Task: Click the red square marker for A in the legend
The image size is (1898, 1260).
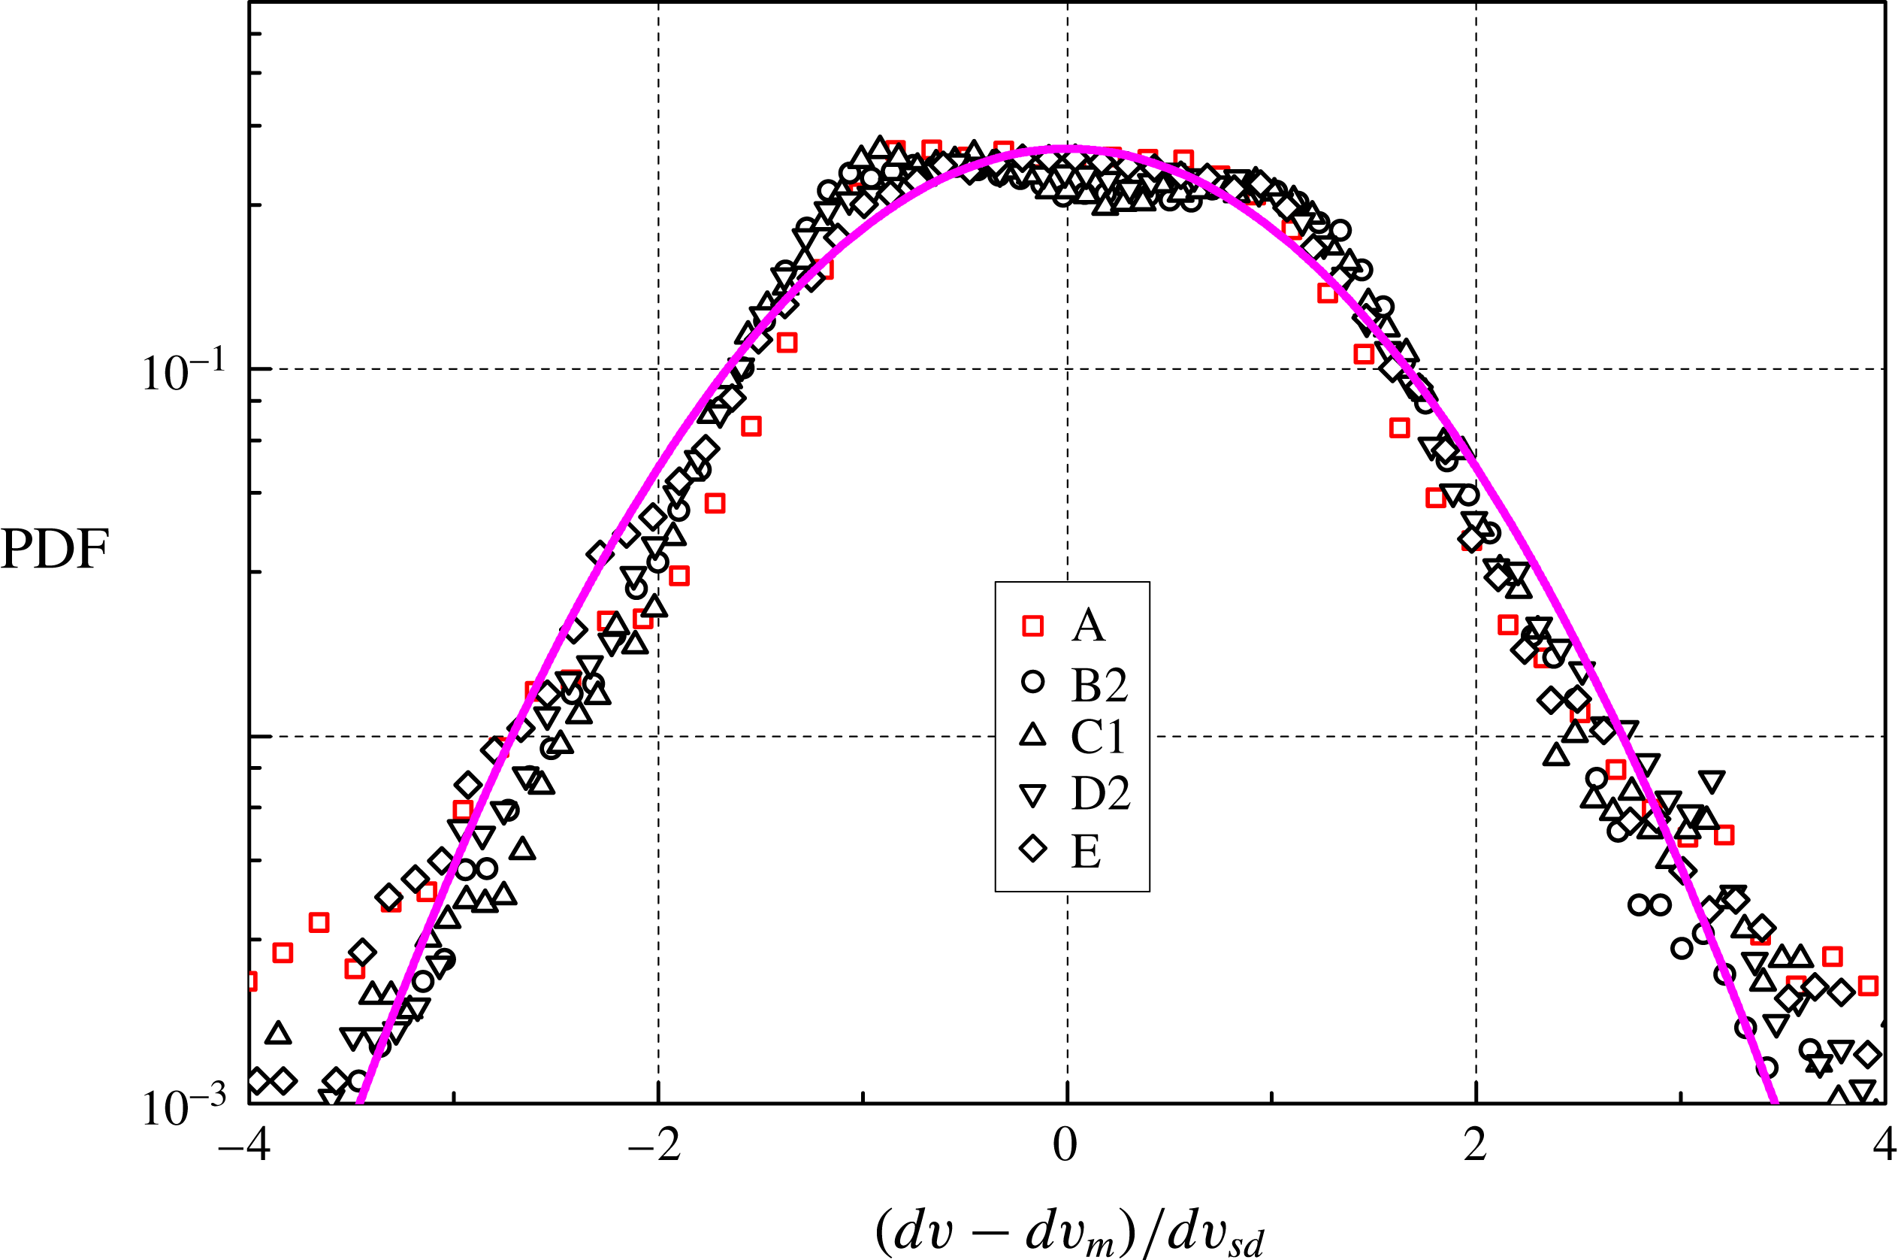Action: click(x=1032, y=626)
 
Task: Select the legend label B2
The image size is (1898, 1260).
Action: click(x=1099, y=685)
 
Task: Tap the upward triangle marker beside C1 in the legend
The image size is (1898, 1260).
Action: click(x=1032, y=735)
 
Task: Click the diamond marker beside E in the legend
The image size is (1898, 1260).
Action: click(x=1032, y=849)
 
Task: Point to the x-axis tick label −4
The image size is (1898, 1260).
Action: click(x=244, y=1146)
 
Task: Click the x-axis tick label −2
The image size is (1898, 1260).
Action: click(x=654, y=1146)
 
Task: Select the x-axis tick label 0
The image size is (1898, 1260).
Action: click(x=1065, y=1146)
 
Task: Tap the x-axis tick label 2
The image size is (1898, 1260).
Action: click(x=1475, y=1146)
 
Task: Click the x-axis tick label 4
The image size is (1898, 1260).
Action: click(x=1884, y=1146)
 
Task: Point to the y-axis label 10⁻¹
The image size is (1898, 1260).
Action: click(x=184, y=371)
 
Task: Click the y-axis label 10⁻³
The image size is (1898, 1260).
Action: click(x=184, y=1107)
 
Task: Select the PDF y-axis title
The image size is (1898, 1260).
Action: click(x=55, y=550)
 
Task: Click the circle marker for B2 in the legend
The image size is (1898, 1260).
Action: click(x=1032, y=681)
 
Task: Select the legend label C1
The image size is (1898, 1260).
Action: click(x=1097, y=736)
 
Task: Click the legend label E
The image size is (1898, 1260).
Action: click(x=1086, y=851)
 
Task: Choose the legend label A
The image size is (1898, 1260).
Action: click(x=1088, y=626)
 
